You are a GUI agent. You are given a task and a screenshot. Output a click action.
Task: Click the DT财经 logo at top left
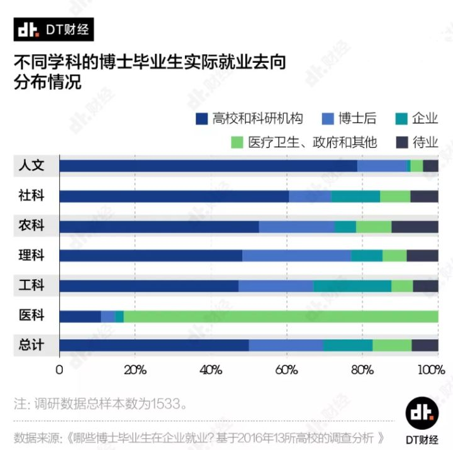click(53, 30)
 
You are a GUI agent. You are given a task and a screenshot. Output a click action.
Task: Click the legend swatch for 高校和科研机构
click(201, 119)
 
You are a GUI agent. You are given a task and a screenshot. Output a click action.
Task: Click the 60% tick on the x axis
click(286, 369)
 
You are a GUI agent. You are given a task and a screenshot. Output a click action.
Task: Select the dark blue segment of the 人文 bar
click(208, 166)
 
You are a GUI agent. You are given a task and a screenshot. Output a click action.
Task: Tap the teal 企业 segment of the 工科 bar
click(352, 286)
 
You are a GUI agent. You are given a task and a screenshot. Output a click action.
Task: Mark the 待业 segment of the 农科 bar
click(415, 226)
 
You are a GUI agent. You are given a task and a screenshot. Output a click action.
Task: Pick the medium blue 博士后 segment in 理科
click(296, 256)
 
